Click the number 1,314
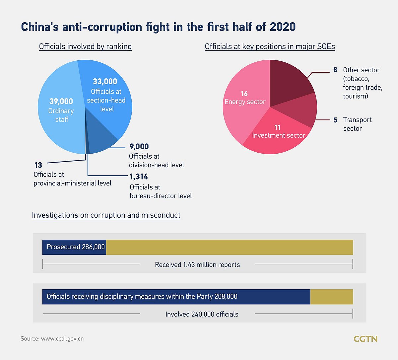pos(139,177)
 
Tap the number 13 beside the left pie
pos(38,165)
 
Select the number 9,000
pos(139,146)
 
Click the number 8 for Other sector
pos(335,70)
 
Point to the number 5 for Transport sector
pos(335,120)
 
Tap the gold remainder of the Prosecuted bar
pos(229,247)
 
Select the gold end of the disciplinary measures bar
pos(331,296)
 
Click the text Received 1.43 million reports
pos(197,265)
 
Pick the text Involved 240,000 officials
pos(202,314)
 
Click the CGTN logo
pos(365,339)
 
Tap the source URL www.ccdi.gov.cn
pos(62,339)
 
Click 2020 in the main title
pos(283,27)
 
